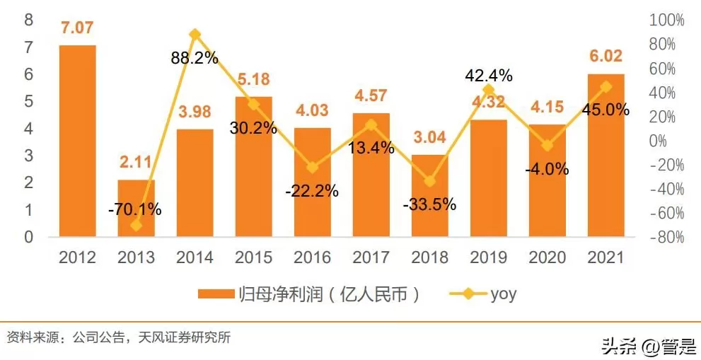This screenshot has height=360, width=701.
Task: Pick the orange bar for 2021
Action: tap(606, 155)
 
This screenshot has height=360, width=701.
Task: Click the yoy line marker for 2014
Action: tap(195, 34)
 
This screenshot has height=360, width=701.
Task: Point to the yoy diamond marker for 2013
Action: tap(137, 225)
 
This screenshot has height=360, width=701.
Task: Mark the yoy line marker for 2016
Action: tap(313, 168)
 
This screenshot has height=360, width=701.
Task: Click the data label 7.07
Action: tap(78, 29)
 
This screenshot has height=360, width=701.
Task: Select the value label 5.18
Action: tap(254, 79)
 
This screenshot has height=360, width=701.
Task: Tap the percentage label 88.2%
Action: tap(195, 58)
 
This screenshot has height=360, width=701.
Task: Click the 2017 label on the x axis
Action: tap(371, 257)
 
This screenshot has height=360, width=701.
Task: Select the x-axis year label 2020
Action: tap(548, 257)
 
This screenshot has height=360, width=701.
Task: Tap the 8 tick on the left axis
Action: tap(29, 20)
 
